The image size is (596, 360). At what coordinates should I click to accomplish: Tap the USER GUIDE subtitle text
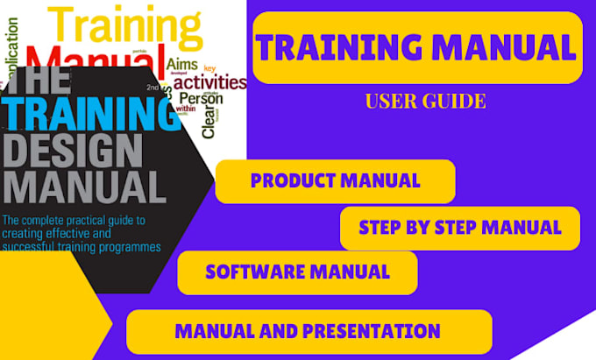coord(425,102)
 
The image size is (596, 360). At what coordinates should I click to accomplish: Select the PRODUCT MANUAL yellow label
coord(335,181)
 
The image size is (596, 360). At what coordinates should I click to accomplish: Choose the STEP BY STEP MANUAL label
coord(459,228)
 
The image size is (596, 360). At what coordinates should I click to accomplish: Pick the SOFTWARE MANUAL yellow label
coord(297,272)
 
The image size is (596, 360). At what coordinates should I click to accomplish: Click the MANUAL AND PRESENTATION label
coord(307,331)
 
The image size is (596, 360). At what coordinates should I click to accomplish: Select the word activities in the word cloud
coord(209,84)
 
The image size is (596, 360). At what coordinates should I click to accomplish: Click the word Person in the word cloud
coord(201,99)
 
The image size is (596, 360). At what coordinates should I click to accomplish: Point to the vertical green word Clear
coord(208,124)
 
